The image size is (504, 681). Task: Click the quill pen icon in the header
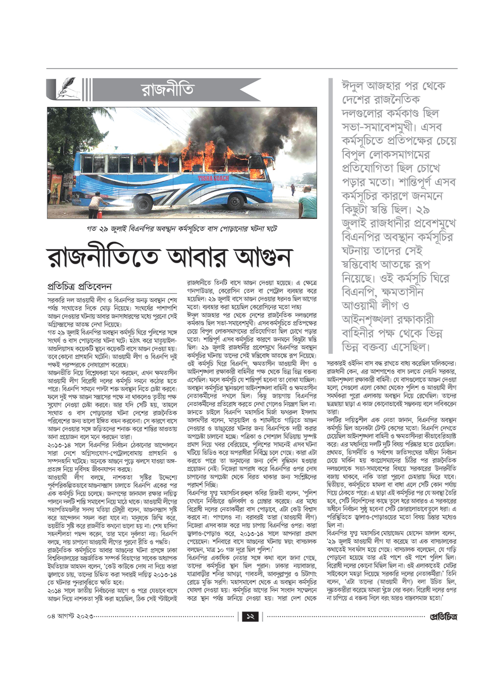click(x=65, y=89)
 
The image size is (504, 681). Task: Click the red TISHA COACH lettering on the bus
click(x=213, y=178)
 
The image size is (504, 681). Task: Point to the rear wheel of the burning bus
click(x=142, y=203)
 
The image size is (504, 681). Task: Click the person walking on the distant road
click(x=292, y=189)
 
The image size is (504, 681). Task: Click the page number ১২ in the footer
click(x=250, y=616)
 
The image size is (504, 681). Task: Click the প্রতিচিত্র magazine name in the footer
click(x=443, y=616)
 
